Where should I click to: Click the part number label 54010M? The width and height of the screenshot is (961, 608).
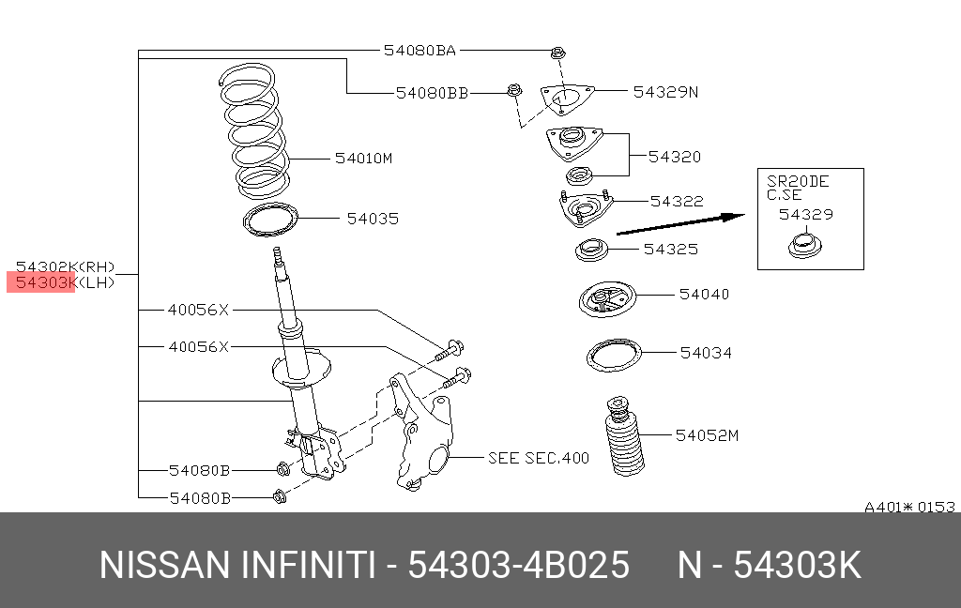pos(363,159)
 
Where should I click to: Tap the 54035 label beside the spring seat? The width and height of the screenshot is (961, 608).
pos(373,219)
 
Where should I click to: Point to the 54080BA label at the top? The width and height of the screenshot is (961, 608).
pos(419,51)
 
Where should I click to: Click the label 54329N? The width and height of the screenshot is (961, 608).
pos(665,92)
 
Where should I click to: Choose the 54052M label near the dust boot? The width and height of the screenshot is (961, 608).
pos(708,435)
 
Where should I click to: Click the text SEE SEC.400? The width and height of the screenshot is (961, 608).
pos(539,458)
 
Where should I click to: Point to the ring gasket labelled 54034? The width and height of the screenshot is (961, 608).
pos(614,357)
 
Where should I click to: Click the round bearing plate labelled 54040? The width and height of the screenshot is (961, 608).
pos(606,303)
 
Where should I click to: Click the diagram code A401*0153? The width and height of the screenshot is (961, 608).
pos(909,508)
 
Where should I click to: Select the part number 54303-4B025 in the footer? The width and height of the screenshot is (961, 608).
pos(518,566)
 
